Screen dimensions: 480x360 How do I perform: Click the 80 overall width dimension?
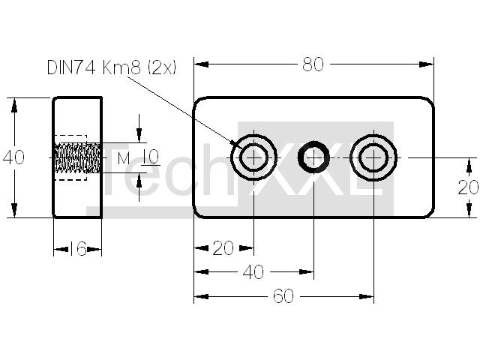point(313,64)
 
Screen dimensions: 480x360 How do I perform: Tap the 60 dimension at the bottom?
point(283,296)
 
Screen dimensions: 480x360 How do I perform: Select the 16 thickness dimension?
point(78,248)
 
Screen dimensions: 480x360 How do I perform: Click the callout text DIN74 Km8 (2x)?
point(112,67)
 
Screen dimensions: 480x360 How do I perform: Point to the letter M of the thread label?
point(124,158)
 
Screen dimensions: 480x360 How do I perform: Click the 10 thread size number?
point(151,157)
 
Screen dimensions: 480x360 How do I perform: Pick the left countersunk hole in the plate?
point(253,157)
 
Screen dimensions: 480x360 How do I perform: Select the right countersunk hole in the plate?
point(373,157)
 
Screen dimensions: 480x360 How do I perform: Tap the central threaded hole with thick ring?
point(313,157)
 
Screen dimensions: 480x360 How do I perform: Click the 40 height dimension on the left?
point(13,157)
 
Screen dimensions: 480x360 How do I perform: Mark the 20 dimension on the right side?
point(468,187)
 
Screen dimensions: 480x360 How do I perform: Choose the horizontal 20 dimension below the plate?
point(223,248)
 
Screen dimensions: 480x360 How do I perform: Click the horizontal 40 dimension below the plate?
point(253,271)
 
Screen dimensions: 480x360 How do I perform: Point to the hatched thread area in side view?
point(77,157)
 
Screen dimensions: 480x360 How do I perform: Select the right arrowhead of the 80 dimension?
point(427,64)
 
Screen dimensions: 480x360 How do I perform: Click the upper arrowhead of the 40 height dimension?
point(14,105)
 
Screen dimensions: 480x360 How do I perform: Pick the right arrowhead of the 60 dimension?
point(367,296)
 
